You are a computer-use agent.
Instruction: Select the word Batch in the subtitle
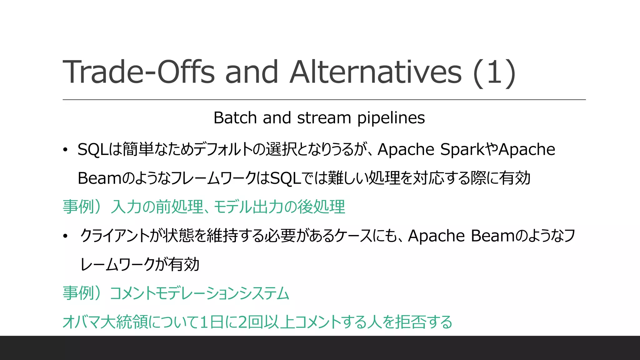[x=235, y=118]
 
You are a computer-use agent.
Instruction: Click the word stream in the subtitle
[x=324, y=118]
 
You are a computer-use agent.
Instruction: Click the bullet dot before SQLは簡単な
[x=65, y=150]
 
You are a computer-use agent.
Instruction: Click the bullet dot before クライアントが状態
[x=65, y=236]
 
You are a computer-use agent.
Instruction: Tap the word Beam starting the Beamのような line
[x=99, y=178]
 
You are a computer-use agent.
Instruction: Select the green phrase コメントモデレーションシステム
[x=199, y=293]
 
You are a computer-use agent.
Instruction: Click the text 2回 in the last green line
[x=250, y=322]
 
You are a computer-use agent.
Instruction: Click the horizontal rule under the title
[x=324, y=100]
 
